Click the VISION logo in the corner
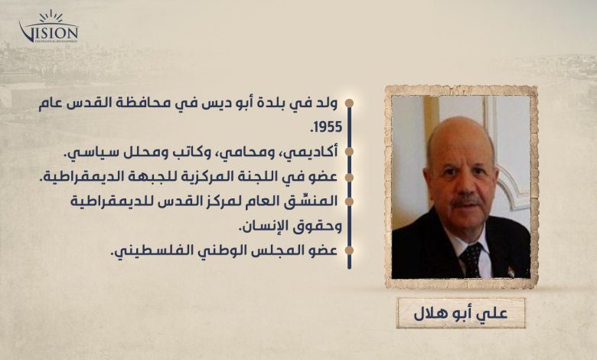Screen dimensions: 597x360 [x=49, y=27]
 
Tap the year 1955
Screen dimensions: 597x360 [x=327, y=127]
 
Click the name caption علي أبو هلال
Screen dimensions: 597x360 [x=460, y=313]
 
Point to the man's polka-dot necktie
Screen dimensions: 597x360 [x=471, y=260]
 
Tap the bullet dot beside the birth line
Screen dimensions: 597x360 [x=349, y=103]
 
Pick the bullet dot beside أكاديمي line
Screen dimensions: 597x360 [x=349, y=152]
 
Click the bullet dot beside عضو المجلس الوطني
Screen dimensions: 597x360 [x=349, y=250]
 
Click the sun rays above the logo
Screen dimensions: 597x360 [x=51, y=16]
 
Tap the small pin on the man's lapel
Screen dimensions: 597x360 [x=511, y=271]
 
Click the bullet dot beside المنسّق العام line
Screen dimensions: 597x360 [x=349, y=201]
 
